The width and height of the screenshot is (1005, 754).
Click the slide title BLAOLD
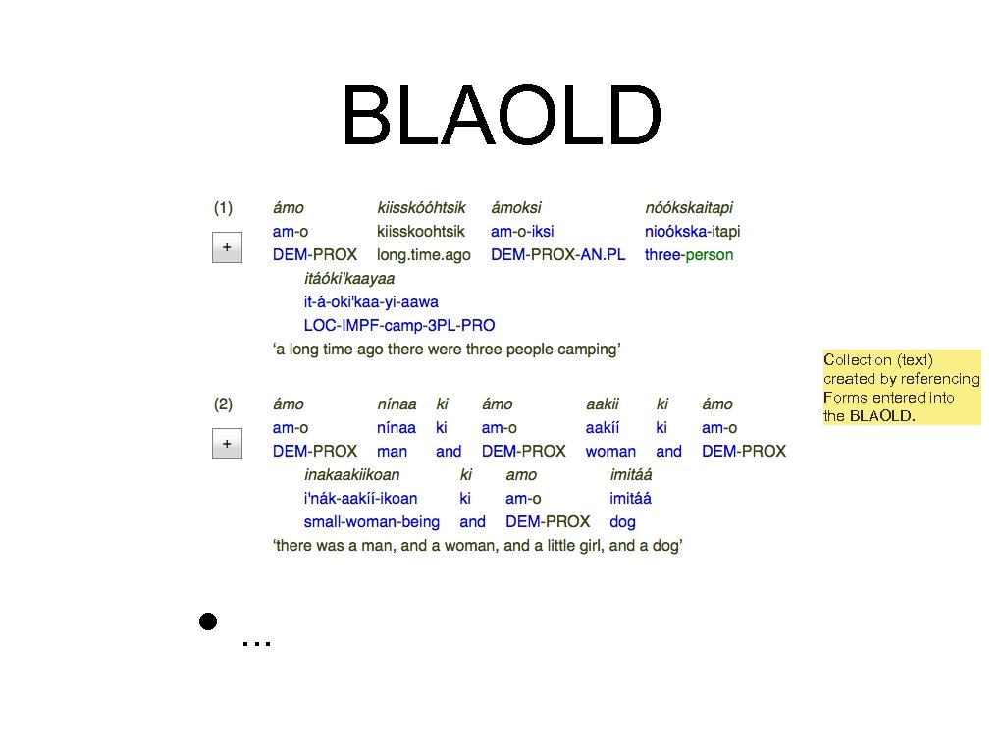pyautogui.click(x=501, y=116)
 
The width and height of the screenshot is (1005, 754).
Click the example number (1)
pyautogui.click(x=224, y=208)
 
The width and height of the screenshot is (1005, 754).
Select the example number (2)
pyautogui.click(x=224, y=404)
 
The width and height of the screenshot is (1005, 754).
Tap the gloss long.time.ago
pyautogui.click(x=424, y=255)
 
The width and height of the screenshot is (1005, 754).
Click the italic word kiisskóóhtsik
pyautogui.click(x=421, y=208)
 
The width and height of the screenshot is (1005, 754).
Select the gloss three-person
pyautogui.click(x=689, y=255)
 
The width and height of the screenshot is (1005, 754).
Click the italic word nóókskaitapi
pyautogui.click(x=689, y=208)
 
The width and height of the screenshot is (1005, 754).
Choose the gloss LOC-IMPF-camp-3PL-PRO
pyautogui.click(x=399, y=326)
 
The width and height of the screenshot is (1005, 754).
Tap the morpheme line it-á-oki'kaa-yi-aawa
pyautogui.click(x=371, y=302)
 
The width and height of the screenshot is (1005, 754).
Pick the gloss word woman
pyautogui.click(x=610, y=452)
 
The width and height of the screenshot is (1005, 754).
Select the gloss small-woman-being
pyautogui.click(x=372, y=522)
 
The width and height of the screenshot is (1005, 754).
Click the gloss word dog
pyautogui.click(x=622, y=522)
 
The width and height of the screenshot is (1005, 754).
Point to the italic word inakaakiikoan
pyautogui.click(x=351, y=475)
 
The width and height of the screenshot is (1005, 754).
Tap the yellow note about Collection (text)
pyautogui.click(x=901, y=388)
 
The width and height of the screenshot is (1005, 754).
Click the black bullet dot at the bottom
pyautogui.click(x=207, y=620)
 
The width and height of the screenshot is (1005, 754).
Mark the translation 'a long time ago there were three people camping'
pyautogui.click(x=447, y=350)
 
